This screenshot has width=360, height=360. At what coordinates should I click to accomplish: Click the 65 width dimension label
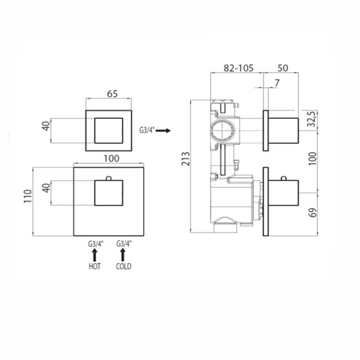pos(112,94)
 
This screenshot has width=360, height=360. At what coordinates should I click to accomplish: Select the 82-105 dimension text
pos(239,68)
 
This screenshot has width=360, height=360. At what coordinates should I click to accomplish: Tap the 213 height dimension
pos(186,158)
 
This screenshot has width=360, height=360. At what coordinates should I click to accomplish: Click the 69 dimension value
pos(313,212)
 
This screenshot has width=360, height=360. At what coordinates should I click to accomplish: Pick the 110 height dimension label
pos(28,196)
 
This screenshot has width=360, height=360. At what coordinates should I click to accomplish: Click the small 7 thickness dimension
pos(277,83)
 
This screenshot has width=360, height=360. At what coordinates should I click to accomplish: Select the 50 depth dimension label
pos(283,68)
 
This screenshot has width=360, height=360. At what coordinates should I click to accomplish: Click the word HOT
pos(95,266)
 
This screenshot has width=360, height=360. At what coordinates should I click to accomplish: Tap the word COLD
pos(123,266)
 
